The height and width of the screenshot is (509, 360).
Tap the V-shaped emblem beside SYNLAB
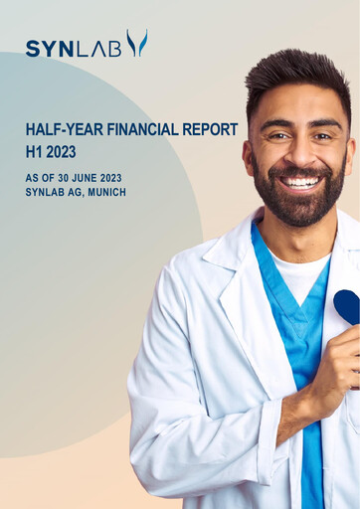pos(136,43)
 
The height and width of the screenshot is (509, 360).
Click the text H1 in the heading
pos(35,152)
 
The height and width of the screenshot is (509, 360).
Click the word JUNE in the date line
pos(86,177)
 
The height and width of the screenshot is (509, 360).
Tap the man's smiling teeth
pos(301,183)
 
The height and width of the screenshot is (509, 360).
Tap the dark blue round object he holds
pos(346,304)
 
